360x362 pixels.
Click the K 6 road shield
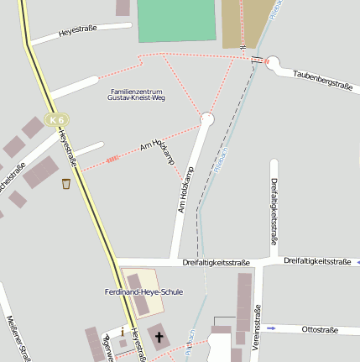coord(56,120)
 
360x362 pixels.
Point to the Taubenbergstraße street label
coord(321,80)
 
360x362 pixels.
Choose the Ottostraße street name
coord(319,330)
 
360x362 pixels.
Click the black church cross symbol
coord(158,338)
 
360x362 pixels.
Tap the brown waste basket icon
coord(66,184)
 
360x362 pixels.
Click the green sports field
coord(176,20)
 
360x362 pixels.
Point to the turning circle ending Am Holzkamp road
coord(207,120)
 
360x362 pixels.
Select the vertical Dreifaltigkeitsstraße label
coord(274,207)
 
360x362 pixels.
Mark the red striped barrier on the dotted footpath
coord(112,157)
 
